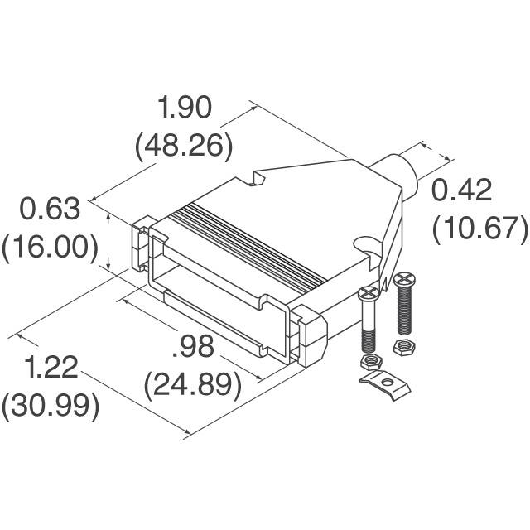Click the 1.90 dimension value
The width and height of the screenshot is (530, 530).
click(184, 108)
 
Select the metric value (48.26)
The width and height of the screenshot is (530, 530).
click(184, 147)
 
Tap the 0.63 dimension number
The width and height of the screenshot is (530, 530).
click(51, 209)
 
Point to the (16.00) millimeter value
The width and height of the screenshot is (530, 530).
click(51, 248)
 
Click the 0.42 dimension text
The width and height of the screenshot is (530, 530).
click(462, 190)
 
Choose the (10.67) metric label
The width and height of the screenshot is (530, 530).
click(479, 229)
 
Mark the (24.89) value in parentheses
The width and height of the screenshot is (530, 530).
click(193, 385)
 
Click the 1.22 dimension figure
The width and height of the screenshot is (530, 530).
click(51, 368)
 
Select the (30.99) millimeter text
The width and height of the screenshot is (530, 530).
click(51, 407)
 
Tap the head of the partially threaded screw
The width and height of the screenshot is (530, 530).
click(369, 292)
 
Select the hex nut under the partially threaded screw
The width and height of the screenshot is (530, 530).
click(370, 362)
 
